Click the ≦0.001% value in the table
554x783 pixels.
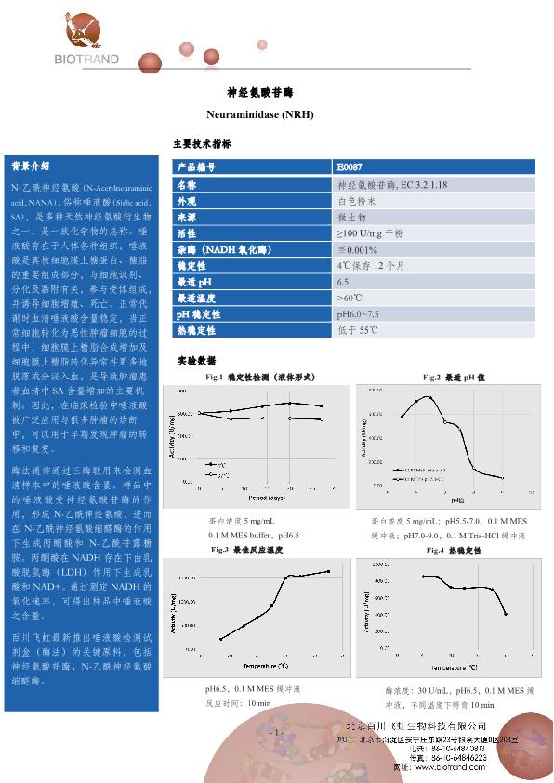click(357, 249)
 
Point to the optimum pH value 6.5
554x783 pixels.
click(343, 281)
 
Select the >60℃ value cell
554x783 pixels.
click(350, 298)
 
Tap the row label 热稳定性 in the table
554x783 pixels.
click(196, 330)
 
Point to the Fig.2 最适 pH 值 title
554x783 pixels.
click(453, 377)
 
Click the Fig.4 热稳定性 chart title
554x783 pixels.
click(453, 551)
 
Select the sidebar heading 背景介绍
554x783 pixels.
click(30, 166)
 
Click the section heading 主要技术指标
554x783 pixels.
click(202, 144)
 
